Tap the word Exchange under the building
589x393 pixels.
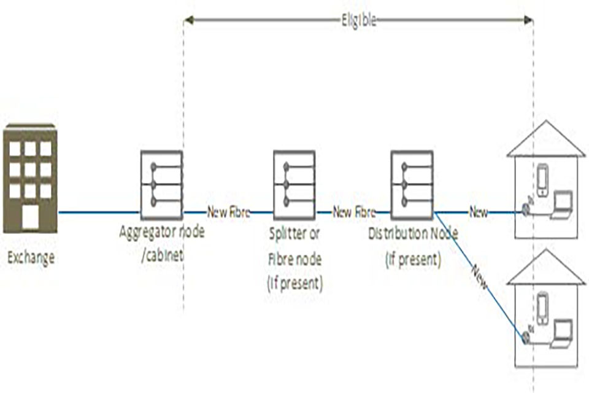[31, 258]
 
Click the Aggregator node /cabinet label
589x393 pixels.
[163, 243]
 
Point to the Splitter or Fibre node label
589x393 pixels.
[295, 259]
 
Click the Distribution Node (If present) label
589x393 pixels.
[413, 246]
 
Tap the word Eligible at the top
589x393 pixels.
[358, 20]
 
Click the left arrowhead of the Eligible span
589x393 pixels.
[188, 20]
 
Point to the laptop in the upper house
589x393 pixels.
[561, 204]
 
